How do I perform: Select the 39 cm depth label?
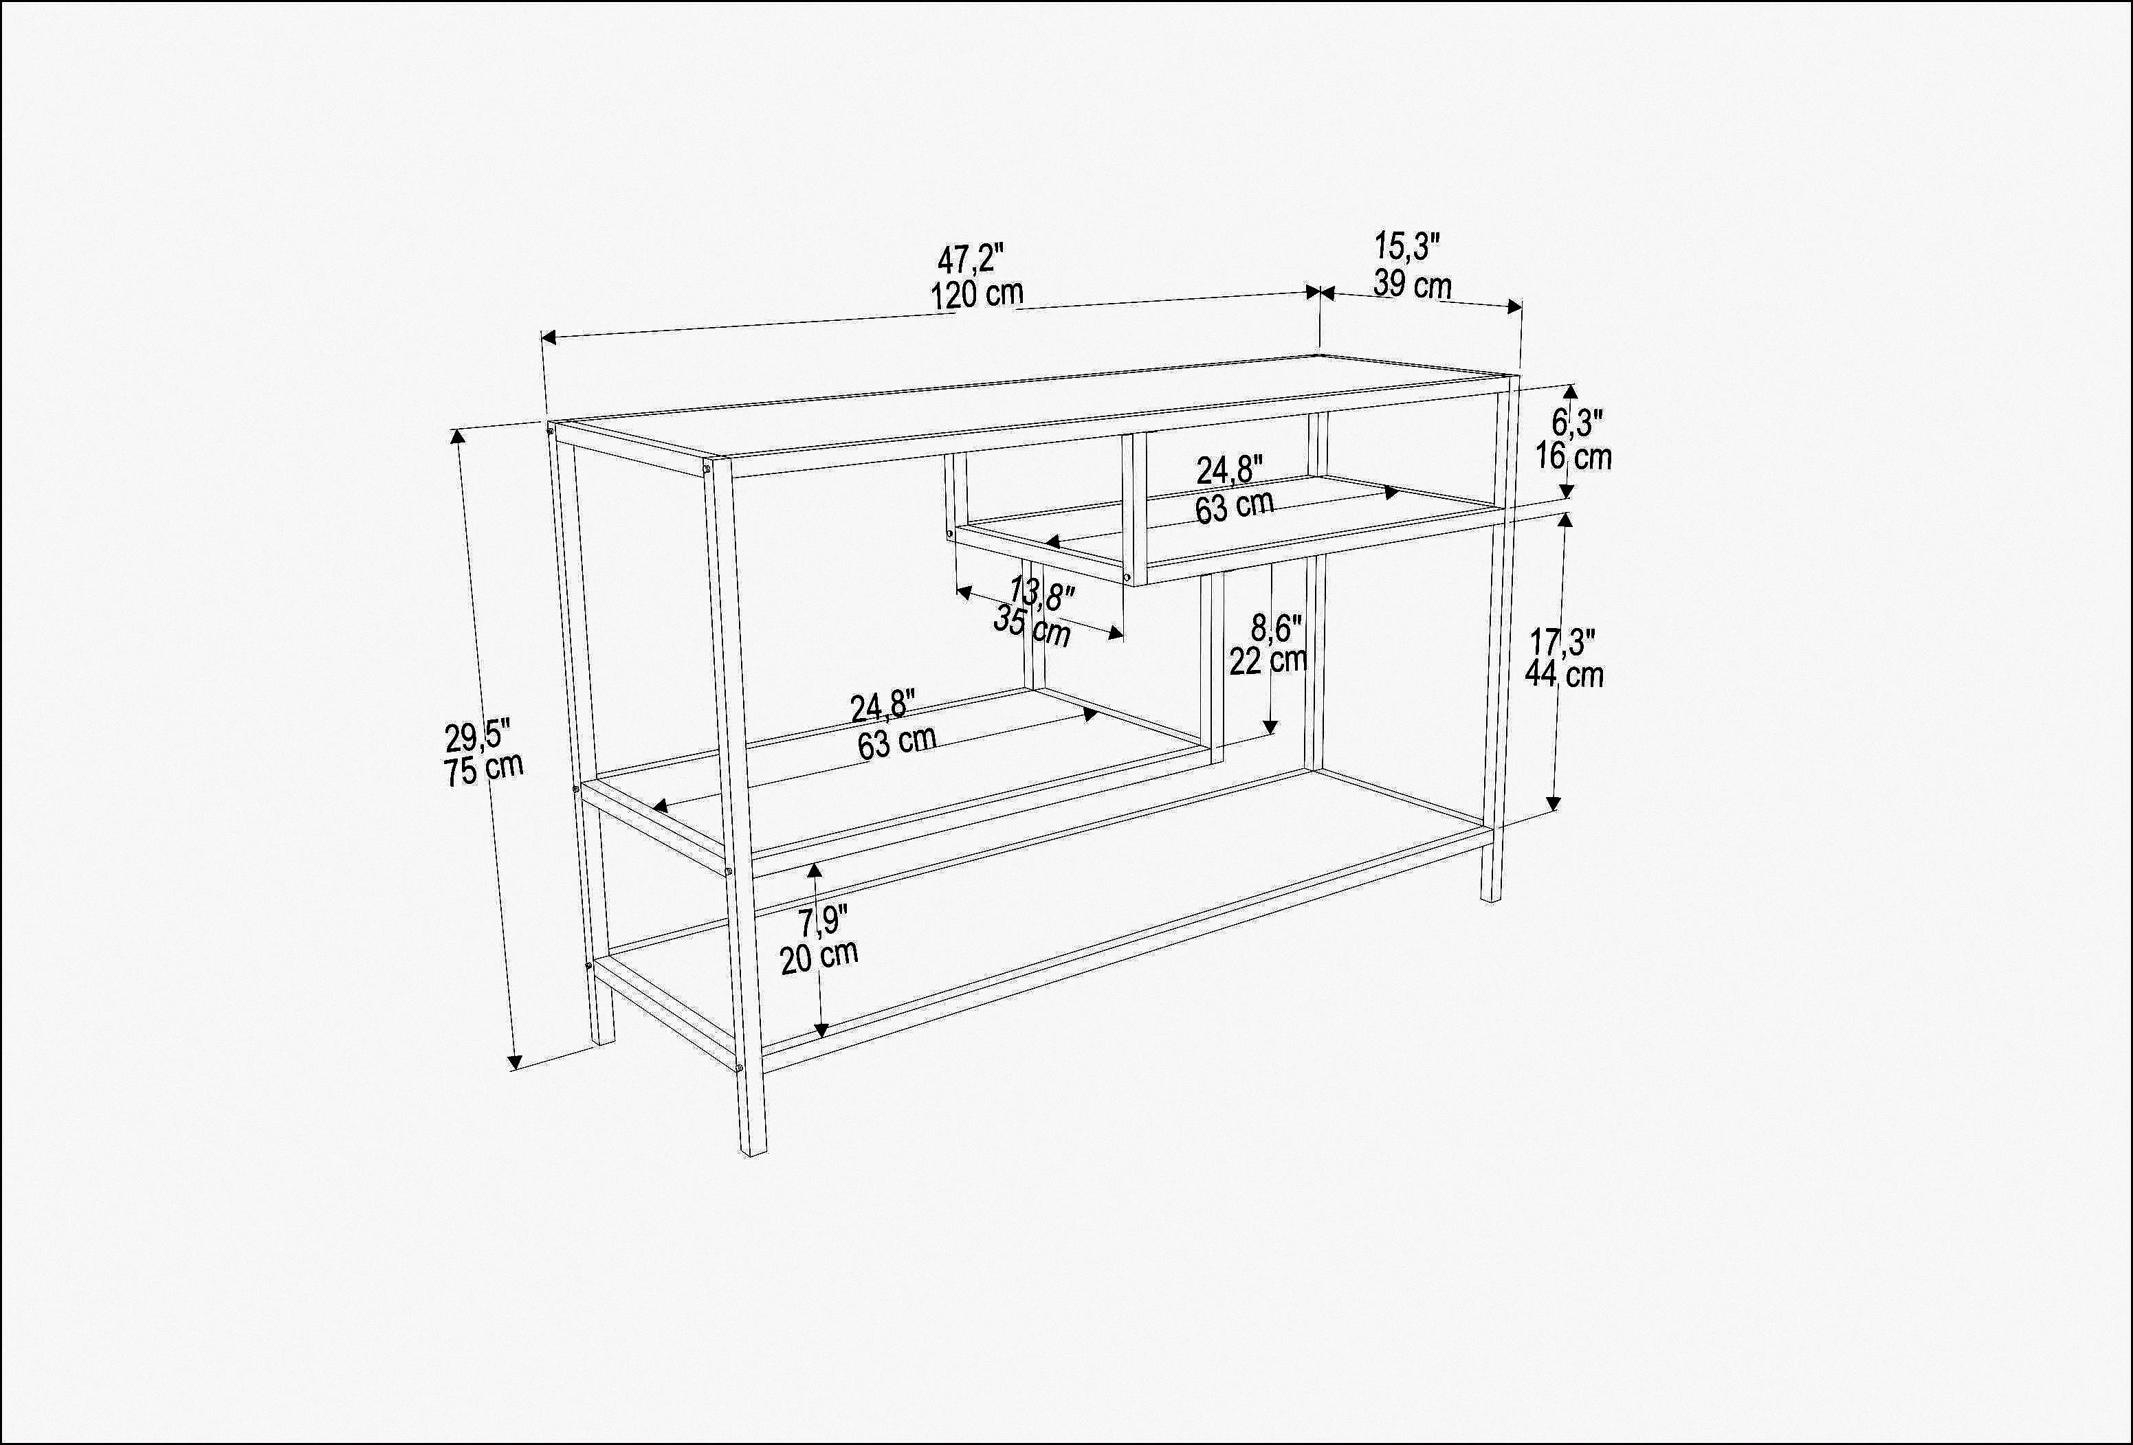(x=1413, y=284)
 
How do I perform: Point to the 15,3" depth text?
(x=1407, y=247)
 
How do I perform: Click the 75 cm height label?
(x=484, y=768)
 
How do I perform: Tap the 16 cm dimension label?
(x=1574, y=456)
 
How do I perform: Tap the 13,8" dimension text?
(x=1041, y=594)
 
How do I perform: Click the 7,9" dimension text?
(x=821, y=920)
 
